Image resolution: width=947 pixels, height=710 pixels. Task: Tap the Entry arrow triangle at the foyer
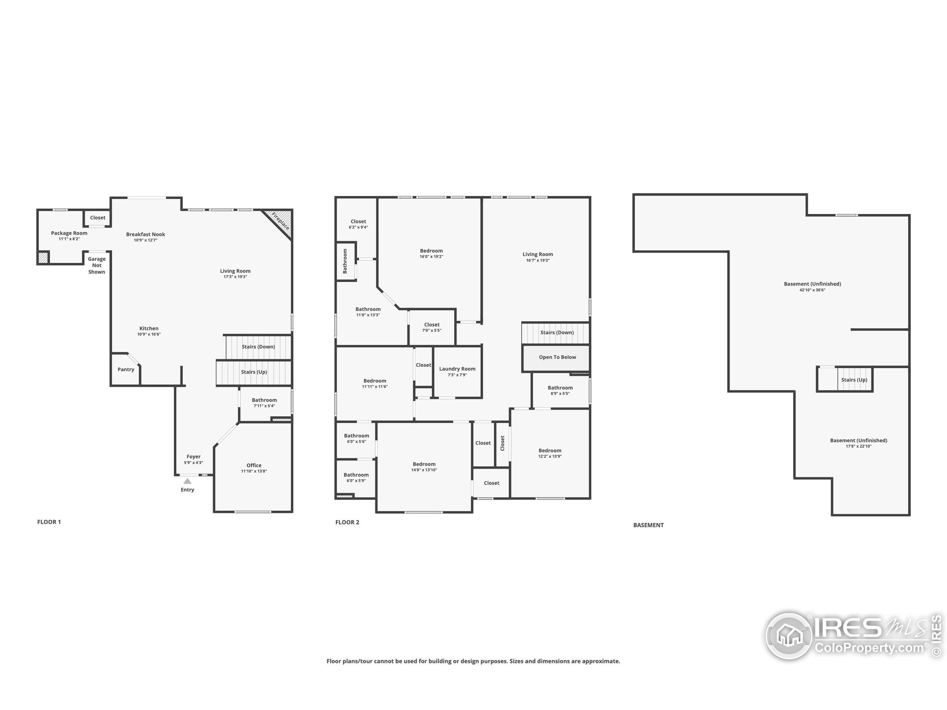[x=188, y=481]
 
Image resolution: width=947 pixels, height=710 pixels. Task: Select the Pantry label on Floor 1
[x=126, y=369]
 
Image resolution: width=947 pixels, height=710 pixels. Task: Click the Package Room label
[x=69, y=233]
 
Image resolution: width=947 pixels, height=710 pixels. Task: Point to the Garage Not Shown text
[x=97, y=266]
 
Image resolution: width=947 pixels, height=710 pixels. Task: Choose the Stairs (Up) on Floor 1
[x=254, y=372]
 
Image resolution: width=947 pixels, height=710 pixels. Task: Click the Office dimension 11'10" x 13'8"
[x=254, y=471]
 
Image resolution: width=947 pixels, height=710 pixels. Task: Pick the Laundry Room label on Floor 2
[x=457, y=369]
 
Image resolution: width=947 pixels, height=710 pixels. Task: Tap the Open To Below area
[x=557, y=357]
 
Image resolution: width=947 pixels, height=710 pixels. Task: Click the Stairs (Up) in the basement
[x=854, y=380]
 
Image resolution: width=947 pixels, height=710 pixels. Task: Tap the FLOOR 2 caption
[x=347, y=522]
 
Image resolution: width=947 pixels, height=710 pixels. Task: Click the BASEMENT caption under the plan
[x=648, y=525]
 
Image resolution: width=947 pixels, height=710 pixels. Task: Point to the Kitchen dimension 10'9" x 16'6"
[x=149, y=334]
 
